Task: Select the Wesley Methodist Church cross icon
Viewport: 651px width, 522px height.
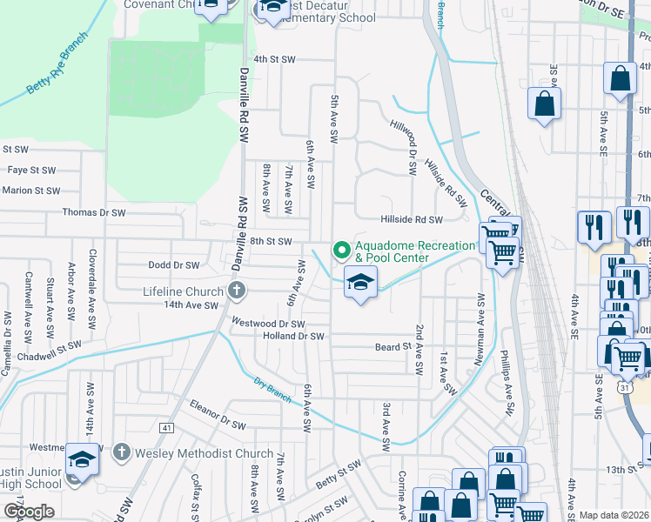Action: [x=122, y=452]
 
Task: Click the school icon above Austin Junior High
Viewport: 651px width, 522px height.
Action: [x=82, y=458]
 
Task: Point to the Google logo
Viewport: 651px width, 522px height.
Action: [x=29, y=512]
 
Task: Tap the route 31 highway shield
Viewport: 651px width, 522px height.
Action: [x=626, y=388]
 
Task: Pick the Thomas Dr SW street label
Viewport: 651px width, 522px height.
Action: [x=94, y=212]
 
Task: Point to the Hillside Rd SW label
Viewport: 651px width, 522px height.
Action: [x=412, y=220]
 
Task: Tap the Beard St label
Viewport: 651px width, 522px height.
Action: [x=393, y=347]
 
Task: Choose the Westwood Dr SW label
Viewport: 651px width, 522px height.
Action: [x=267, y=323]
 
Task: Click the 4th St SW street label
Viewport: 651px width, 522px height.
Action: [x=276, y=59]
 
